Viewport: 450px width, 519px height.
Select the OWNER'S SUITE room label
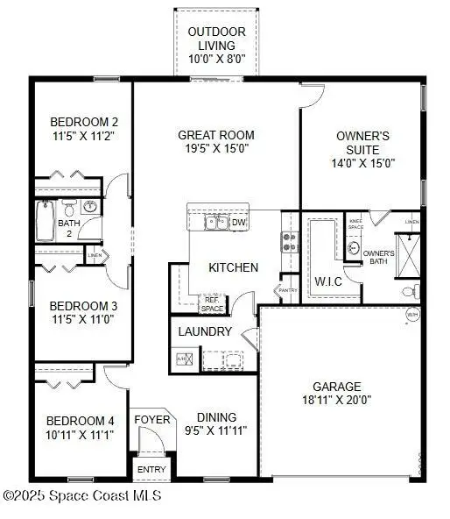coord(363,149)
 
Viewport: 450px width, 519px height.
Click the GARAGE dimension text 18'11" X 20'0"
coord(337,401)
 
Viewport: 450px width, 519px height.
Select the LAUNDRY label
coord(205,332)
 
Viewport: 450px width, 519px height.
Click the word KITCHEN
coord(233,267)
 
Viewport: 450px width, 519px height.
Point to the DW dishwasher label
coord(239,223)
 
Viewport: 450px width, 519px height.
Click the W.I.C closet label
coord(329,281)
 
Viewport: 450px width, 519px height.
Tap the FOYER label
coord(151,420)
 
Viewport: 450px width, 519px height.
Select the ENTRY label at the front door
coord(151,470)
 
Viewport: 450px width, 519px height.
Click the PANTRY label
coord(287,289)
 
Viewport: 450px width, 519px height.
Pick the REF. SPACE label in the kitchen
coord(214,303)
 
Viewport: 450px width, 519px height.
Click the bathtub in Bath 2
coord(46,221)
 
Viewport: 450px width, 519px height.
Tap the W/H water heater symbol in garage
coord(412,316)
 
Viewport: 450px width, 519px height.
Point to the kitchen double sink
coord(216,222)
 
